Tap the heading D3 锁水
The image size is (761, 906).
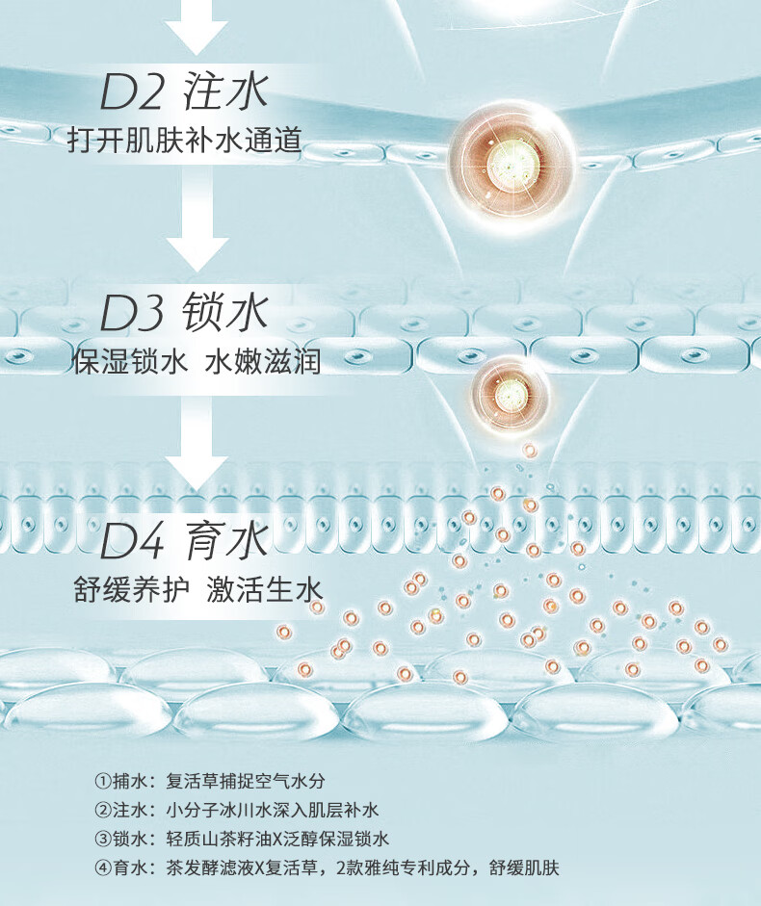click(x=183, y=315)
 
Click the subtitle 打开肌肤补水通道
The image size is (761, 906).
click(x=184, y=141)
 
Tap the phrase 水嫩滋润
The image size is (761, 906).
click(x=262, y=362)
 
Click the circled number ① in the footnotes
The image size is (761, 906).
click(x=103, y=780)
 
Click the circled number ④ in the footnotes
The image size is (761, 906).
click(x=103, y=867)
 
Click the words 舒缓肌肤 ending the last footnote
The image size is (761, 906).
click(x=525, y=867)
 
